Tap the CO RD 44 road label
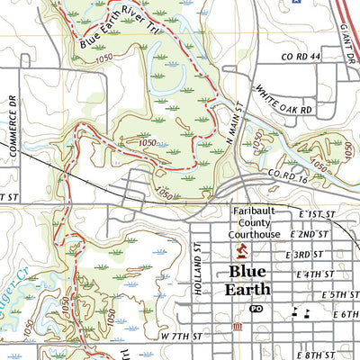[x=301, y=57]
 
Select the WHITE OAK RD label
[x=283, y=100]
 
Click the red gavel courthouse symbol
[x=240, y=249]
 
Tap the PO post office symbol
[x=256, y=309]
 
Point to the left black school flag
[x=294, y=311]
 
